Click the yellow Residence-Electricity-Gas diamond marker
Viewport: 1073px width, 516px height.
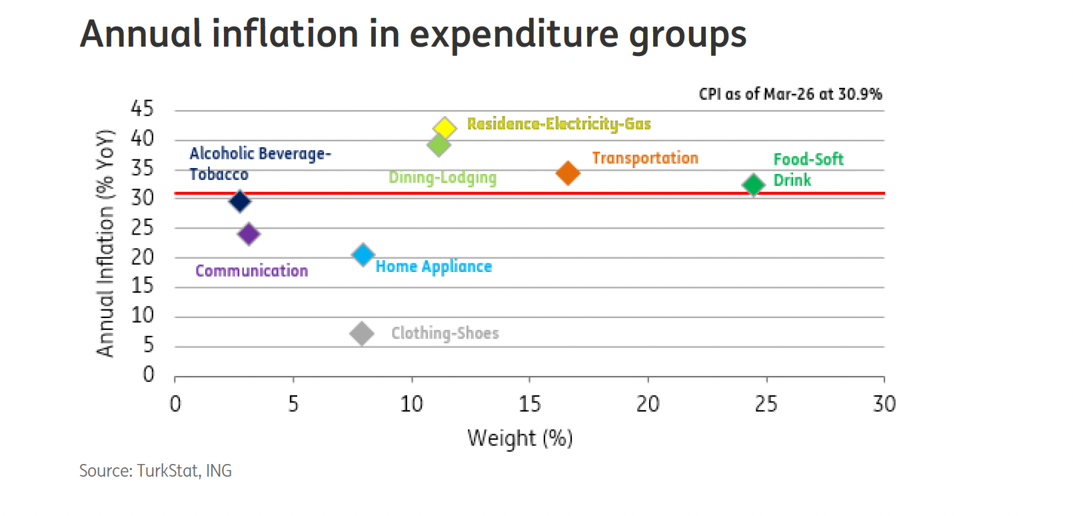tap(445, 127)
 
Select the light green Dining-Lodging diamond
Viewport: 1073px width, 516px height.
tap(439, 145)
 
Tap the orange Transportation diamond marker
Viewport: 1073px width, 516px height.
tap(568, 173)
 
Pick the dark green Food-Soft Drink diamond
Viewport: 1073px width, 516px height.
tap(753, 185)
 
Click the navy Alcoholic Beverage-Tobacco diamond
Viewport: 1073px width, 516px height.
tap(240, 201)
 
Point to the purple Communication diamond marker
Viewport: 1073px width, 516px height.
tap(249, 234)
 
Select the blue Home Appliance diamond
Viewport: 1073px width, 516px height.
tap(363, 255)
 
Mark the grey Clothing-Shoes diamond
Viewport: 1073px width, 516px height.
tap(362, 333)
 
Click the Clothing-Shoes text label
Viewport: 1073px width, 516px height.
tap(445, 333)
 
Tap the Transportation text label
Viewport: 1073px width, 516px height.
tap(645, 158)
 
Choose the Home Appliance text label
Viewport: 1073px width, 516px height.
tap(433, 267)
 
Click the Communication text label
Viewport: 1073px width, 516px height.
tap(251, 271)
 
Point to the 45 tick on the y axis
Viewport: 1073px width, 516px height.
tap(142, 109)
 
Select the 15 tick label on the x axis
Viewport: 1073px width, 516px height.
tap(529, 404)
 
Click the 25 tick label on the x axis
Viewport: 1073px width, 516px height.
tap(766, 404)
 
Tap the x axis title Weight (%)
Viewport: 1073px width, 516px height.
tap(520, 438)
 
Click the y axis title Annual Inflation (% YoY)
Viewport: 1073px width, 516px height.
tap(105, 243)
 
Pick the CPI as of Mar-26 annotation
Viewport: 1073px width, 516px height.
tap(790, 94)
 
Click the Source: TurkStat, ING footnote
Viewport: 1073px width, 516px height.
tap(155, 471)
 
